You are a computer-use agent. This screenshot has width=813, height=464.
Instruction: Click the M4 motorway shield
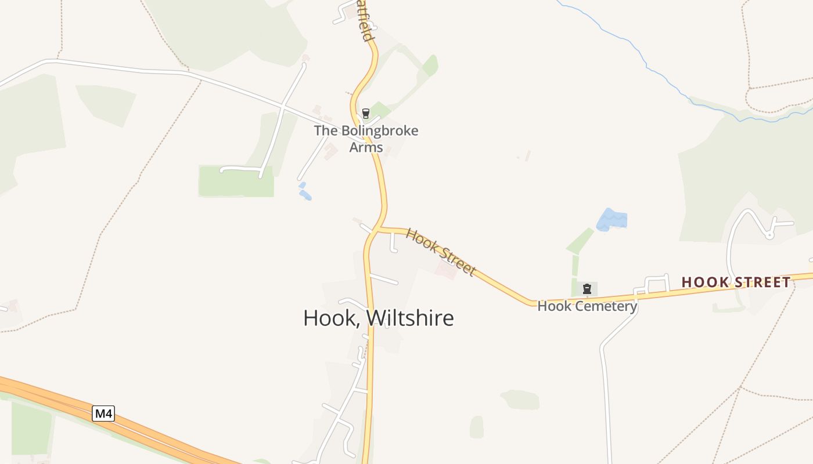103,414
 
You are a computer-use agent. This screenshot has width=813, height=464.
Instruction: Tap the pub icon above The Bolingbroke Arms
365,113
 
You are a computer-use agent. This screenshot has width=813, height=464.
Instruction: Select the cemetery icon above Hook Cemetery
587,288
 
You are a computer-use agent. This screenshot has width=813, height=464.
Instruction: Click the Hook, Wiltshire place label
378,318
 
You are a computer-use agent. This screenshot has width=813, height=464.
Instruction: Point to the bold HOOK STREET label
736,282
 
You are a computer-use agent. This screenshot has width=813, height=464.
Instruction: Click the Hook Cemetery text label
587,306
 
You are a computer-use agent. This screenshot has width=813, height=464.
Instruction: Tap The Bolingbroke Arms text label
366,139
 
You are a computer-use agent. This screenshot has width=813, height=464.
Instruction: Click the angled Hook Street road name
440,252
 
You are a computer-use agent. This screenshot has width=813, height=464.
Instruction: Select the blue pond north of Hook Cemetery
611,220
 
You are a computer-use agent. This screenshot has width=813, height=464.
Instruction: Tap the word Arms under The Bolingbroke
366,147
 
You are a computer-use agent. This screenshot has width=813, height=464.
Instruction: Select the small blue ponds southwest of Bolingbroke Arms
304,193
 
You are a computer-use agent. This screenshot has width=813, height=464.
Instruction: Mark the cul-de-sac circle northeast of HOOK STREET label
769,235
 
